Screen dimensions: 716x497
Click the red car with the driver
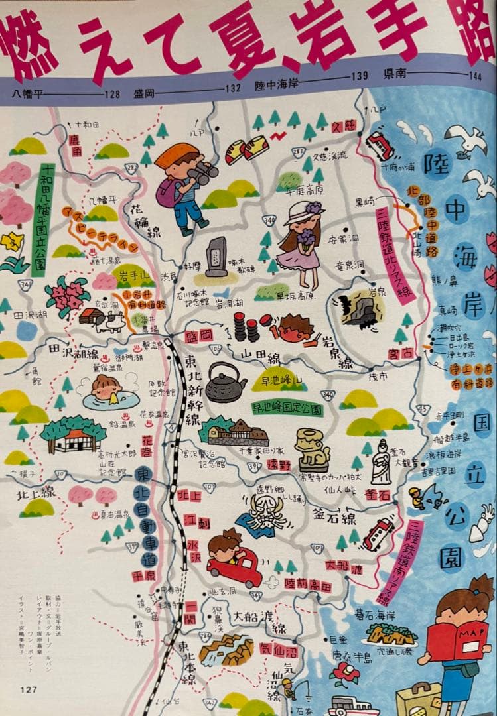pyautogui.click(x=234, y=565)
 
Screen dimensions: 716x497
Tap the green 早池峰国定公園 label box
pyautogui.click(x=287, y=409)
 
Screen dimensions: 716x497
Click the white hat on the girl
pyautogui.click(x=302, y=213)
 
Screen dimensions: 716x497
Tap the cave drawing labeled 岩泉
pyautogui.click(x=362, y=309)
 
